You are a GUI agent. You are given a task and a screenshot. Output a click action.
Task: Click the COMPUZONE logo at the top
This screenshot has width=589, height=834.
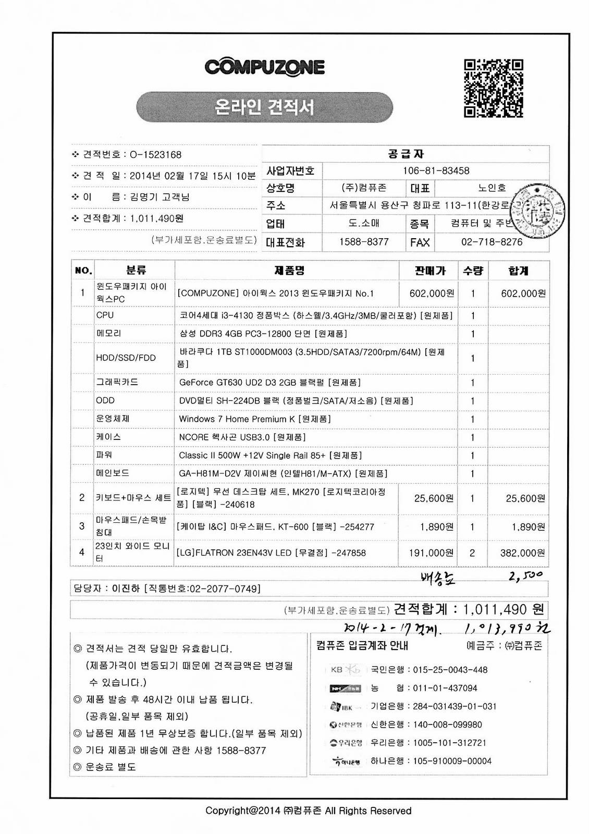coord(264,67)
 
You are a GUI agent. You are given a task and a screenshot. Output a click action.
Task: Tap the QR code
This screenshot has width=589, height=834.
coord(493,88)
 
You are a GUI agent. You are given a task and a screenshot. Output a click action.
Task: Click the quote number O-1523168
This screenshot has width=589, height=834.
coord(155,154)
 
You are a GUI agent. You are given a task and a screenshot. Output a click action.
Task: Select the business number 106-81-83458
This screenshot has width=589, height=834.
coord(436,170)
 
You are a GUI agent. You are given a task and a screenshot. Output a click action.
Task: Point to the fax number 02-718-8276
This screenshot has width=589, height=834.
coord(492,242)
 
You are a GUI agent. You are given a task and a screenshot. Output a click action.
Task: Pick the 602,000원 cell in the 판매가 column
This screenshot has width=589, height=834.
coord(431,293)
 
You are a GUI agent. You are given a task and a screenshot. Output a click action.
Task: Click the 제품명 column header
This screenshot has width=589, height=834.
coord(289,271)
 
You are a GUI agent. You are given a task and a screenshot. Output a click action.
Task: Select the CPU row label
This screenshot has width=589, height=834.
coord(105,315)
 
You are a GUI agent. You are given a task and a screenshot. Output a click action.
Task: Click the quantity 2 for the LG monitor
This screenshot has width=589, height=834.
coord(472,553)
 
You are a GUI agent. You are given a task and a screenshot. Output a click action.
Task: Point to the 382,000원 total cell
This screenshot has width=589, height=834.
coord(522,553)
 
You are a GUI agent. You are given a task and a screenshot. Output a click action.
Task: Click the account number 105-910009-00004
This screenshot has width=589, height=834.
coord(452,761)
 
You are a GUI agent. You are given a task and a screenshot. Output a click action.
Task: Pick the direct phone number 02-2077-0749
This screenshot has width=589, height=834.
coord(224,588)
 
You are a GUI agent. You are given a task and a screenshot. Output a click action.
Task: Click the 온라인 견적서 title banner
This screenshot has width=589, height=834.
coord(264,107)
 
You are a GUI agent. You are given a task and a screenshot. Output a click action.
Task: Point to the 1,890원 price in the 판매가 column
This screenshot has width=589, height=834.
coord(436,527)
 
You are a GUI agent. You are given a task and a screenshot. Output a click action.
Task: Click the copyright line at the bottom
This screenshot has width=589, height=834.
coord(308,811)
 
